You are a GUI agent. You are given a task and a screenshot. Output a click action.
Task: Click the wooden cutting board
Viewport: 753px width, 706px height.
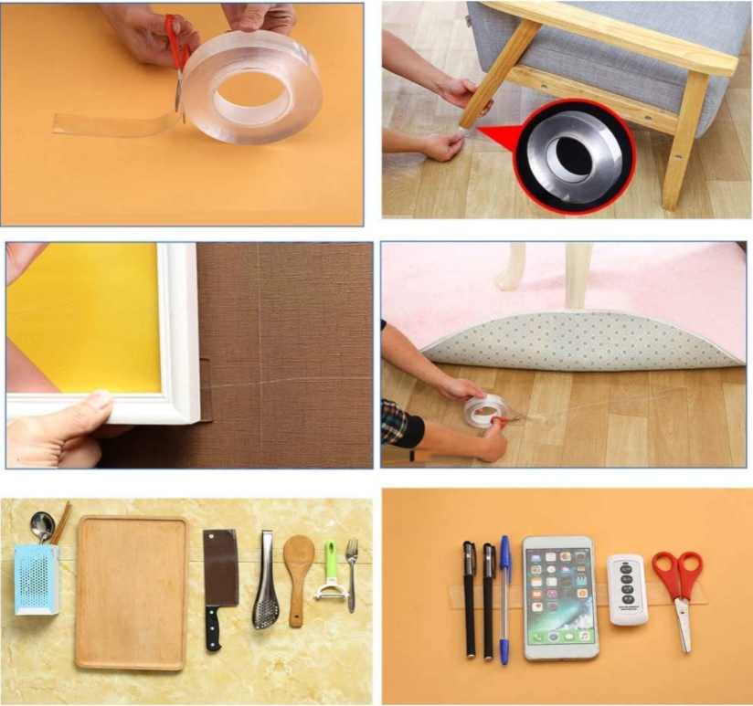(x=132, y=592)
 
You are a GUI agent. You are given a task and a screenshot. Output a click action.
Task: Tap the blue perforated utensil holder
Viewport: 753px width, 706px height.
(x=37, y=579)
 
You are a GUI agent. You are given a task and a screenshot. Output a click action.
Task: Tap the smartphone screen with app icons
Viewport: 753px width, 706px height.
(x=559, y=593)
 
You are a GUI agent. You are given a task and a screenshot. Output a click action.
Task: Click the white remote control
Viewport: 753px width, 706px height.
(x=629, y=589)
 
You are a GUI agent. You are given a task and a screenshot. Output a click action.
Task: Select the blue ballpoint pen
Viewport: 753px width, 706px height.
(x=504, y=594)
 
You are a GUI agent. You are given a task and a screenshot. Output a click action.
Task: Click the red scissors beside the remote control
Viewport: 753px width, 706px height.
(x=678, y=585)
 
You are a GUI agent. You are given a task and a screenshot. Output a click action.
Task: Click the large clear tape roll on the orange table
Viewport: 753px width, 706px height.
(x=251, y=88)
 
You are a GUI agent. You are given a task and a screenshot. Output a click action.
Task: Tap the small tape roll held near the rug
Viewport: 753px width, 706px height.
(x=484, y=410)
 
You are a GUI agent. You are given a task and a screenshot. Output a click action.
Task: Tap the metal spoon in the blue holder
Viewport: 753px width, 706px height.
(x=42, y=525)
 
